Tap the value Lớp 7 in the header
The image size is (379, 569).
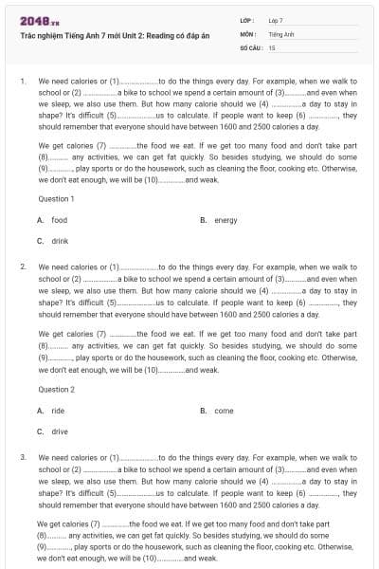pyautogui.click(x=276, y=19)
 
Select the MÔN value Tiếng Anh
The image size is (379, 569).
pyautogui.click(x=280, y=32)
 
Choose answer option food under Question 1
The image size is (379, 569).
pyautogui.click(x=60, y=220)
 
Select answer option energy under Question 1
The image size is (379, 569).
pyautogui.click(x=226, y=220)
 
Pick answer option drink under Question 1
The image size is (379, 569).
pyautogui.click(x=60, y=241)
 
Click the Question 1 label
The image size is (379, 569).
pyautogui.click(x=56, y=199)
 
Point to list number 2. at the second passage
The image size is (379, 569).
pyautogui.click(x=23, y=267)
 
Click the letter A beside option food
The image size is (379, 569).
pyautogui.click(x=40, y=220)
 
